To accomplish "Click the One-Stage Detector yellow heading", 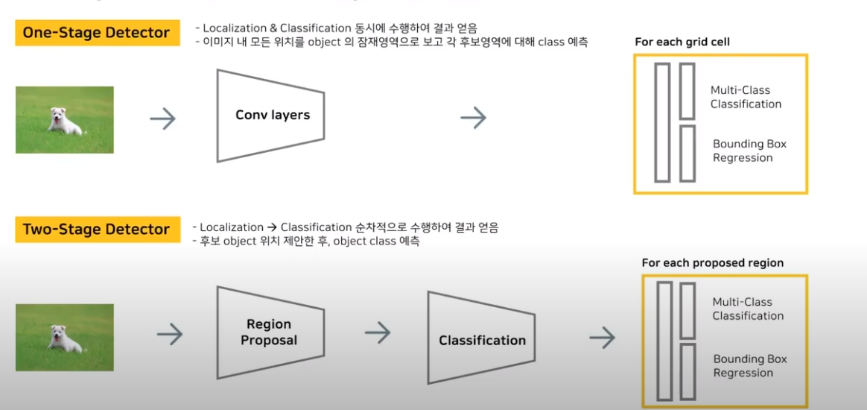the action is point(97,33).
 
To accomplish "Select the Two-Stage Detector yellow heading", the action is point(97,230).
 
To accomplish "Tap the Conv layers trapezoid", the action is point(271,115).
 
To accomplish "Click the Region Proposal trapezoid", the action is point(270,332).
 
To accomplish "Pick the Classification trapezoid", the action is point(481,340).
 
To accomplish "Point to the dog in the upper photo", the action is point(65,121).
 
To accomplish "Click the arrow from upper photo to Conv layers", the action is point(162,118).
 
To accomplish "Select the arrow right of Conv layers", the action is point(473,117).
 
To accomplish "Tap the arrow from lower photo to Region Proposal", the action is point(170,335).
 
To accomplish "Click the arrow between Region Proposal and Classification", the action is point(378,333).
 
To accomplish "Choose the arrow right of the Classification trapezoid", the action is point(602,338).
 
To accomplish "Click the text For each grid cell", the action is point(682,42).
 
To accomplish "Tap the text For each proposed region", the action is point(712,262).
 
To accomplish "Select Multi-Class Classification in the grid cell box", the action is point(746,97).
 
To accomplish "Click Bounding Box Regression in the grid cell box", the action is point(749,151).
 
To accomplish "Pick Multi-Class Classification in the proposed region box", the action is point(747,309).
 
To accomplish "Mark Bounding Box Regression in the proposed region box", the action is point(749,366).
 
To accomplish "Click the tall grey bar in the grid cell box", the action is point(662,123).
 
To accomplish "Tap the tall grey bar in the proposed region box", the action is point(664,341).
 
